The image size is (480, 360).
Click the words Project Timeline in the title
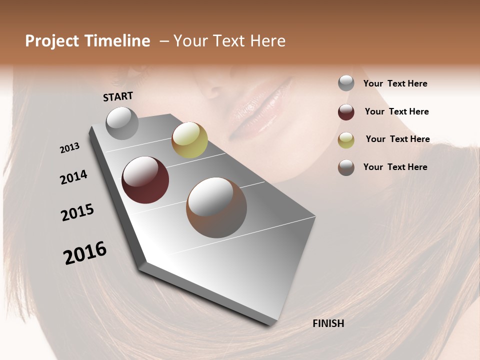coord(87,41)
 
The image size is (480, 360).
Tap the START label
coord(118,96)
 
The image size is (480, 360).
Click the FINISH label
coord(328,323)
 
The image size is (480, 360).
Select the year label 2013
coord(69,148)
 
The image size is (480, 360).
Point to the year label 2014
coord(73,177)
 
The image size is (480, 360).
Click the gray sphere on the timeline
coord(122,123)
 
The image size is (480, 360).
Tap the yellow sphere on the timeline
coord(189,140)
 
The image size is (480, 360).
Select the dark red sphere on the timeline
coord(145,180)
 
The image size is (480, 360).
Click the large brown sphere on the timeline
coord(216,207)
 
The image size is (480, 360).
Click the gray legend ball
coord(346,83)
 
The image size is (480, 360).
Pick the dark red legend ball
coord(346,112)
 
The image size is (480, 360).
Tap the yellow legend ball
coord(346,140)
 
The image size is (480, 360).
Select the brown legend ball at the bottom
coord(346,167)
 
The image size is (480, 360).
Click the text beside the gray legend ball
coord(395,83)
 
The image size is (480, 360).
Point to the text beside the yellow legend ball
coord(397,139)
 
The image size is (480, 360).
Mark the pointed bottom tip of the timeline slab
coord(274,325)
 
